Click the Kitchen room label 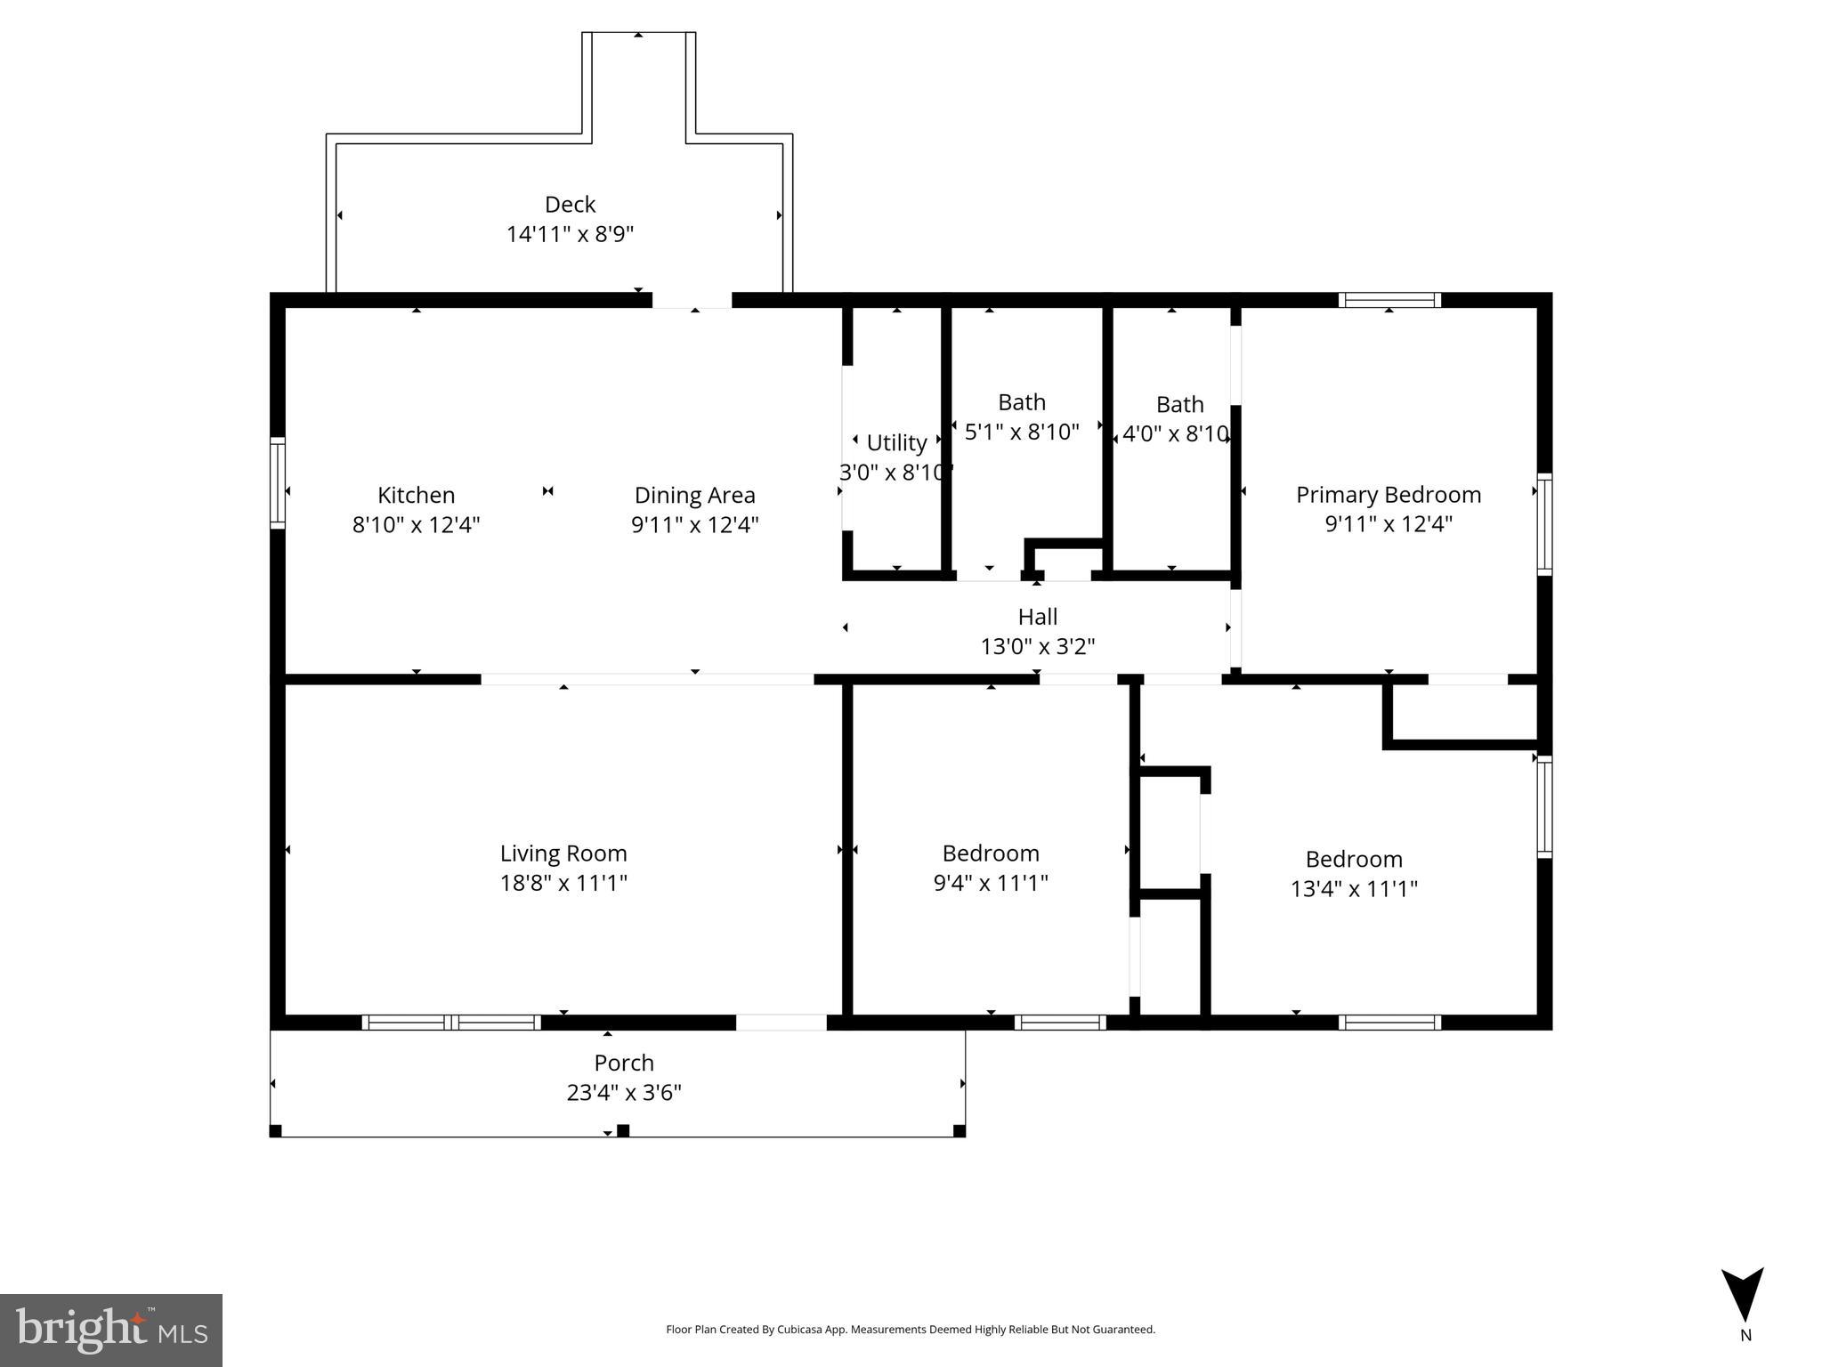416,495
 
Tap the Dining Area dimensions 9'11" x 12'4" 694,525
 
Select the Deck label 570,205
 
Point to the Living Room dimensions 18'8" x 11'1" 563,883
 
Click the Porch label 624,1063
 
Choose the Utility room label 896,442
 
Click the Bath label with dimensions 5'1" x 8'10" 1021,402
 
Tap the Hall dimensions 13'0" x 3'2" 1037,646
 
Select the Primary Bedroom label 1388,495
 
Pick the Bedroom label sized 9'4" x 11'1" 991,853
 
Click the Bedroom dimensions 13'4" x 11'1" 1354,888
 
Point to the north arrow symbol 1742,1294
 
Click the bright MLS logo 111,1330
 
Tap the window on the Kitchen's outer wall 278,483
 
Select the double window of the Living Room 451,1023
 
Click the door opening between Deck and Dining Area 692,301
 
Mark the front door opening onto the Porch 781,1023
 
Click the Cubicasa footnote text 910,1330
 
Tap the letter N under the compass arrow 1745,1335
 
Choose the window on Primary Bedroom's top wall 1389,300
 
